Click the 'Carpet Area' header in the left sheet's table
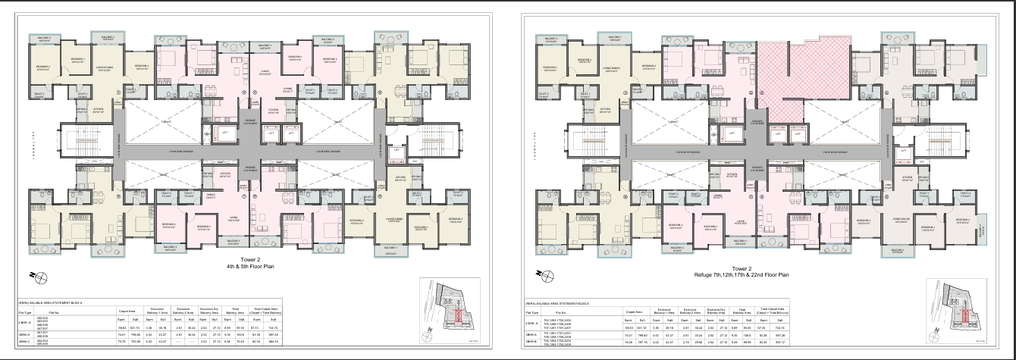125,311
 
